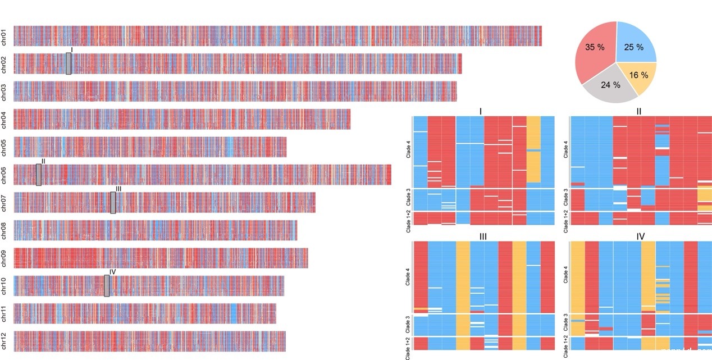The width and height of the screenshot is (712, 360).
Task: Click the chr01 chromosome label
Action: pyautogui.click(x=4, y=36)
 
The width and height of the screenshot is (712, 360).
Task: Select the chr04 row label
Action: pyautogui.click(x=4, y=119)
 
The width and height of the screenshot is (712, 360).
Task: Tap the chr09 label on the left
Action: pyautogui.click(x=4, y=258)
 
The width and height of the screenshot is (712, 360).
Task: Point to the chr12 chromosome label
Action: pyautogui.click(x=4, y=341)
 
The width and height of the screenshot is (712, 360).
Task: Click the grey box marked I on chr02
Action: pyautogui.click(x=69, y=63)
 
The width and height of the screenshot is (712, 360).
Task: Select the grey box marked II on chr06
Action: pyautogui.click(x=39, y=175)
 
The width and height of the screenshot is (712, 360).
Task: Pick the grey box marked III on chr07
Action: pyautogui.click(x=113, y=203)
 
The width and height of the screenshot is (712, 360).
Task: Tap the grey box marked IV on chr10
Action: pyautogui.click(x=107, y=286)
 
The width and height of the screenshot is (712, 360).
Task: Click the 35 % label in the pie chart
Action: pyautogui.click(x=595, y=47)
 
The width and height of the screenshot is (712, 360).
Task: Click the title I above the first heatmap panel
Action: pyautogui.click(x=481, y=111)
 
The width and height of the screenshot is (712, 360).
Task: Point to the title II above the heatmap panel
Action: pyautogui.click(x=639, y=111)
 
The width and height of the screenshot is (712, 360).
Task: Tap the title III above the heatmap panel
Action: pyautogui.click(x=482, y=236)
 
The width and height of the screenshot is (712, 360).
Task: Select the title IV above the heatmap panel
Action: pyautogui.click(x=641, y=236)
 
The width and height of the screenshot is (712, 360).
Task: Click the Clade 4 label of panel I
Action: pyautogui.click(x=408, y=152)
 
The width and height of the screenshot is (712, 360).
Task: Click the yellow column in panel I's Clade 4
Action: pyautogui.click(x=533, y=149)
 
